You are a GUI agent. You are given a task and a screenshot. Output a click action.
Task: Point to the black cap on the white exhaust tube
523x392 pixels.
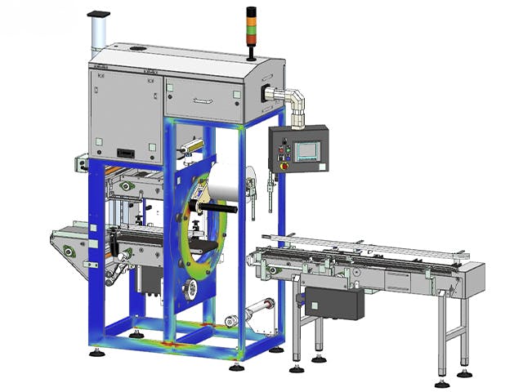pos(97,14)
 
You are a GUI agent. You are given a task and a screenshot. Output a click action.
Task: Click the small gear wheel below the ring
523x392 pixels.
pos(188,287)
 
